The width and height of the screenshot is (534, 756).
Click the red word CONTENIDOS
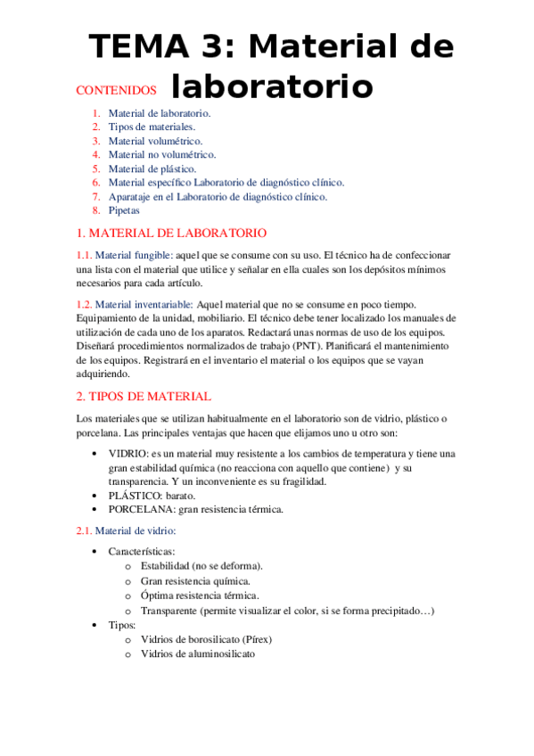[x=116, y=90]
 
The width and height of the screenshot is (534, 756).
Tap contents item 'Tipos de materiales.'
[x=152, y=127]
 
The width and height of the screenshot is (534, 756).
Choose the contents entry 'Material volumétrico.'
[x=155, y=141]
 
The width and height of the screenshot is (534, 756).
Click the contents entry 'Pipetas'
[x=124, y=210]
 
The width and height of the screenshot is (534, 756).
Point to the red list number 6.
[x=95, y=183]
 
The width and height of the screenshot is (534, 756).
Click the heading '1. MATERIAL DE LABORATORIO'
[x=171, y=234]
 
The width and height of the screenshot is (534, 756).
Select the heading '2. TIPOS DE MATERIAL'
[x=144, y=396]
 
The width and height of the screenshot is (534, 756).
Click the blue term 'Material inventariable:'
[x=144, y=304]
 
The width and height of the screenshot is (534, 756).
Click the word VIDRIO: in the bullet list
[x=129, y=454]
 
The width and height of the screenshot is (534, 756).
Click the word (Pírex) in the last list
[x=256, y=639]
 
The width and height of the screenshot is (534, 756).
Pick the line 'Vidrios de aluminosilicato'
[x=197, y=653]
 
